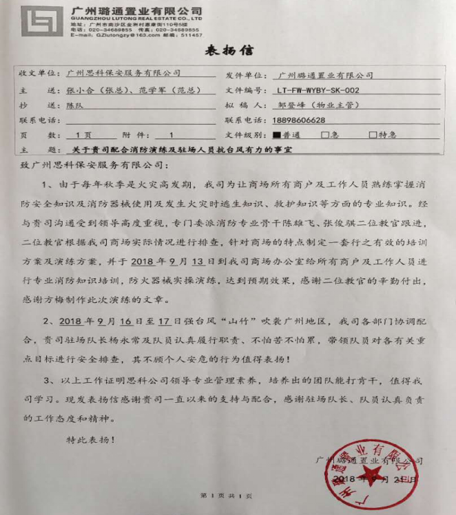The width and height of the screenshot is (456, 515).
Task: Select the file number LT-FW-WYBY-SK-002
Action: point(316,90)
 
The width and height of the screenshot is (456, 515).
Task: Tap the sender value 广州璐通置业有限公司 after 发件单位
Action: point(324,74)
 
